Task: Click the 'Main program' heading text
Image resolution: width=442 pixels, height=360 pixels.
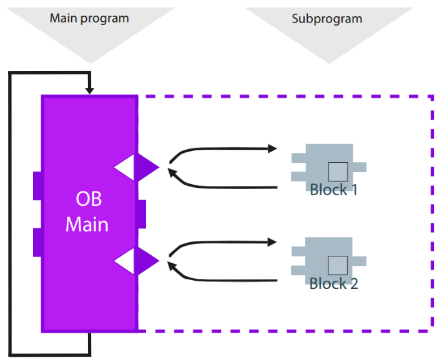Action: pos(89,17)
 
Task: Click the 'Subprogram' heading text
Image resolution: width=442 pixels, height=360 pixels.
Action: pos(327,19)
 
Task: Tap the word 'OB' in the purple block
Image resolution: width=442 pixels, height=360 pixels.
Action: pos(89,200)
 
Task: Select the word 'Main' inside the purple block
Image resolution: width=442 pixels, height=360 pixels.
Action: pos(87,224)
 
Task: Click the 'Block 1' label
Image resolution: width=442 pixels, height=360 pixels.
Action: pos(333,190)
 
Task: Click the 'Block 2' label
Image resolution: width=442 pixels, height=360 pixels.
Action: pos(333,283)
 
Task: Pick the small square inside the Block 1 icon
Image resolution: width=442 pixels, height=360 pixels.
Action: pos(338,171)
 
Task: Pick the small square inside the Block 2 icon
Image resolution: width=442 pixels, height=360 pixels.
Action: pos(338,265)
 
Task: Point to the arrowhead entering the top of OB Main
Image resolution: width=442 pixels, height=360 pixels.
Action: pos(90,91)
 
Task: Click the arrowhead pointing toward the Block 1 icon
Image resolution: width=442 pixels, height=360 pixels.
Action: pos(273,148)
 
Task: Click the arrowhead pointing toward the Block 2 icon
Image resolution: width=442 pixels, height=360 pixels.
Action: pos(273,241)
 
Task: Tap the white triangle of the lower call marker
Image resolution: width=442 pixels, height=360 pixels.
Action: pos(127,261)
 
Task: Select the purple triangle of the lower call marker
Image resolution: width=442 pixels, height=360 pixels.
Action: pos(145,261)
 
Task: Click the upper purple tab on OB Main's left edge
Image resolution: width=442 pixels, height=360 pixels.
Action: pos(37,185)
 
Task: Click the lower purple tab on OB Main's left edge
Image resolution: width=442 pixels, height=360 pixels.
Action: pos(37,243)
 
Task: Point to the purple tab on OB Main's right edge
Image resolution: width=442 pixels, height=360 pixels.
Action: pos(141,214)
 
